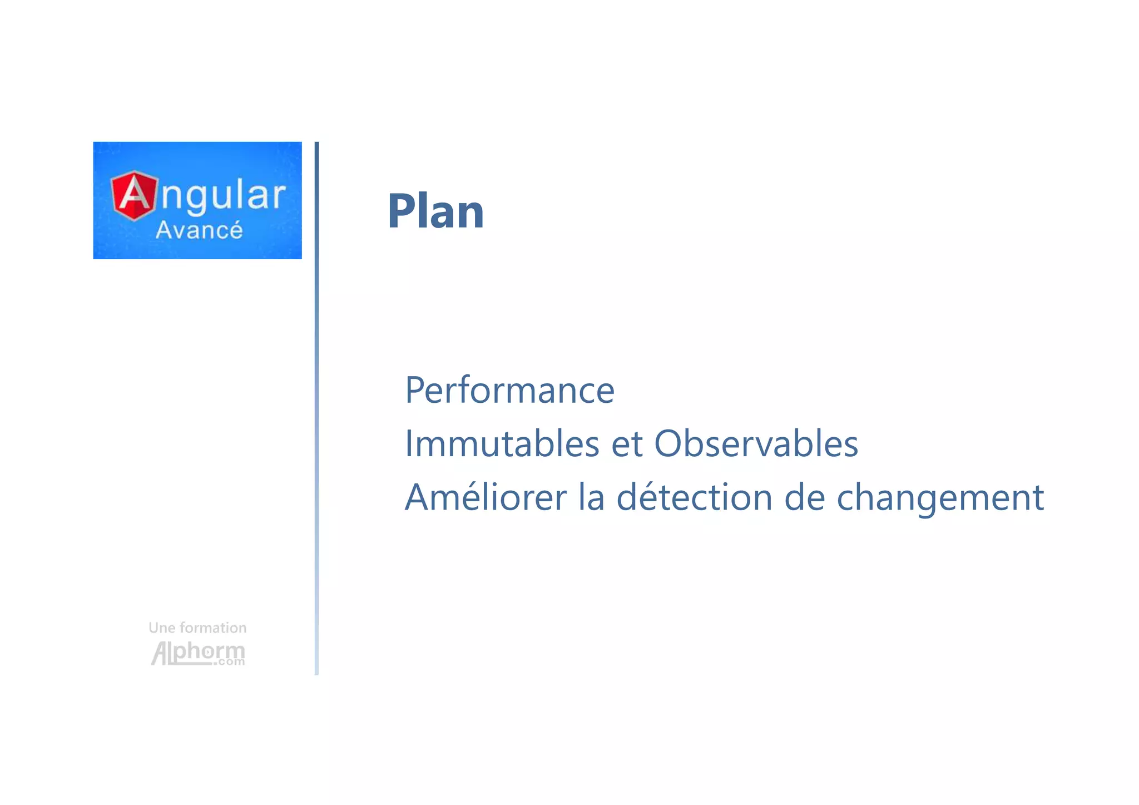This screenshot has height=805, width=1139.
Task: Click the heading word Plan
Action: coord(435,211)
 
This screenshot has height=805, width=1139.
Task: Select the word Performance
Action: coord(509,391)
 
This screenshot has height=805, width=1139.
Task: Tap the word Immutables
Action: coord(502,444)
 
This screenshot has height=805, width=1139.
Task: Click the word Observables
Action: coord(756,444)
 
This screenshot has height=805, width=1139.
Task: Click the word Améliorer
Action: coord(486,497)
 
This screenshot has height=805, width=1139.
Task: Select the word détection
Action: coord(695,497)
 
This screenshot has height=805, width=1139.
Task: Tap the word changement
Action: coord(940,498)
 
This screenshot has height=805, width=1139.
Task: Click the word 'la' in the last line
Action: coord(591,497)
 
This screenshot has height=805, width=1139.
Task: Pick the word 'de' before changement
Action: coord(804,497)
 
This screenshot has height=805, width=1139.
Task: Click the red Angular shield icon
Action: coord(133,195)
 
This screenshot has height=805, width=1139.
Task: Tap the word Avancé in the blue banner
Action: coord(199,230)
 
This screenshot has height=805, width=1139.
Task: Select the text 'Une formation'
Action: coord(197,628)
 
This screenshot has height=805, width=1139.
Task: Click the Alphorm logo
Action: coord(197,653)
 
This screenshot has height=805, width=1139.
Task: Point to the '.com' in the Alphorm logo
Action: coord(229,662)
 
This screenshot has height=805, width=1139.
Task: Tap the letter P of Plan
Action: coord(402,211)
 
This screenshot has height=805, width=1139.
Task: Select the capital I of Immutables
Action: coord(409,444)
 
